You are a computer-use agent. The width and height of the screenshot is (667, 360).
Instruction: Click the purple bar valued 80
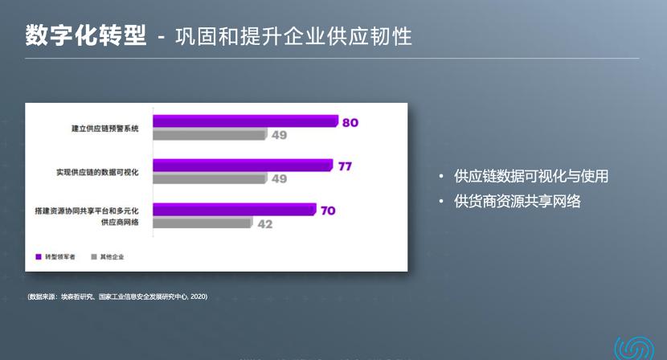(x=245, y=121)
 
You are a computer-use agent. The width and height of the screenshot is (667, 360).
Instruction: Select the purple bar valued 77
(x=242, y=166)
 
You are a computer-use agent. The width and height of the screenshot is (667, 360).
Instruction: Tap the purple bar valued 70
(x=234, y=210)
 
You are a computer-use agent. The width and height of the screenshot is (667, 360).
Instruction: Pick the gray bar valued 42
(x=202, y=223)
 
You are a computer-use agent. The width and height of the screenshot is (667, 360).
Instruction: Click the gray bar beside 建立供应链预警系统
(x=209, y=135)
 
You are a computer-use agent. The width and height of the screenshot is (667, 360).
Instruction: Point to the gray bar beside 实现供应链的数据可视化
(x=209, y=178)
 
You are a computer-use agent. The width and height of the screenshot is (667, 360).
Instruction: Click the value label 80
(x=350, y=123)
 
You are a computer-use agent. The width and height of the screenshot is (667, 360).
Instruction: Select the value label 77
(x=345, y=166)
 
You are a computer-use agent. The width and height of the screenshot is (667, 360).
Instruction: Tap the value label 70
(x=328, y=211)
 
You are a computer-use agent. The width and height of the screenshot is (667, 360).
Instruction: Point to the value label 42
(x=264, y=224)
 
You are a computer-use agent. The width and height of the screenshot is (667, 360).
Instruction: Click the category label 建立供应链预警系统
(x=105, y=129)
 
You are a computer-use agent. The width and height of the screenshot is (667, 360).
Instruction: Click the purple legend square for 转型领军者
(x=39, y=257)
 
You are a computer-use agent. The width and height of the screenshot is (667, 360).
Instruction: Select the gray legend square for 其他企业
(x=94, y=257)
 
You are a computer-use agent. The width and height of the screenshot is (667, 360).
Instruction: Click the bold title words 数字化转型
(x=86, y=35)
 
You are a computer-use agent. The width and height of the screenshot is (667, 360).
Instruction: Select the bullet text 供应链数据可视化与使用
(x=531, y=176)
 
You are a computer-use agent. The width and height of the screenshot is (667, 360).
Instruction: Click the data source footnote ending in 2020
(x=117, y=297)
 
